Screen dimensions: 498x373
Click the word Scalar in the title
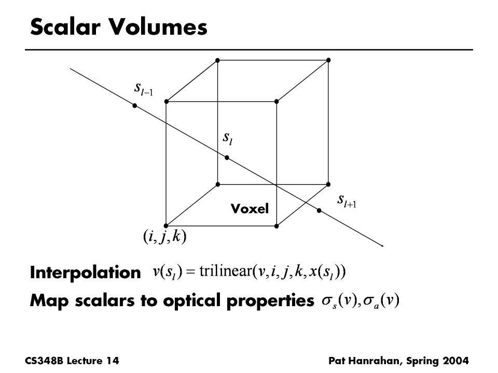pos(65,26)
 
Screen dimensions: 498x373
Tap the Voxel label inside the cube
pos(250,209)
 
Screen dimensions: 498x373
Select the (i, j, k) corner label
pos(165,237)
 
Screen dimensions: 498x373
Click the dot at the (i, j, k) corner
pos(166,226)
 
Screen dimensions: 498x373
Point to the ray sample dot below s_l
pos(227,157)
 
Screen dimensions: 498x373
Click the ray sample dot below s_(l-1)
pos(135,106)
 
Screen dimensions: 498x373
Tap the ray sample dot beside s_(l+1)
pos(319,211)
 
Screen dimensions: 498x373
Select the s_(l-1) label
pos(144,89)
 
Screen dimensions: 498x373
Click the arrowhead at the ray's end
pos(382,246)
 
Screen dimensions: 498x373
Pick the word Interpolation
pos(86,272)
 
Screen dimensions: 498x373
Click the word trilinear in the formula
pos(226,271)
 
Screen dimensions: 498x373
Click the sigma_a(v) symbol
pos(381,300)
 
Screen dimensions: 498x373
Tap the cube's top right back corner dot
pos(328,60)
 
